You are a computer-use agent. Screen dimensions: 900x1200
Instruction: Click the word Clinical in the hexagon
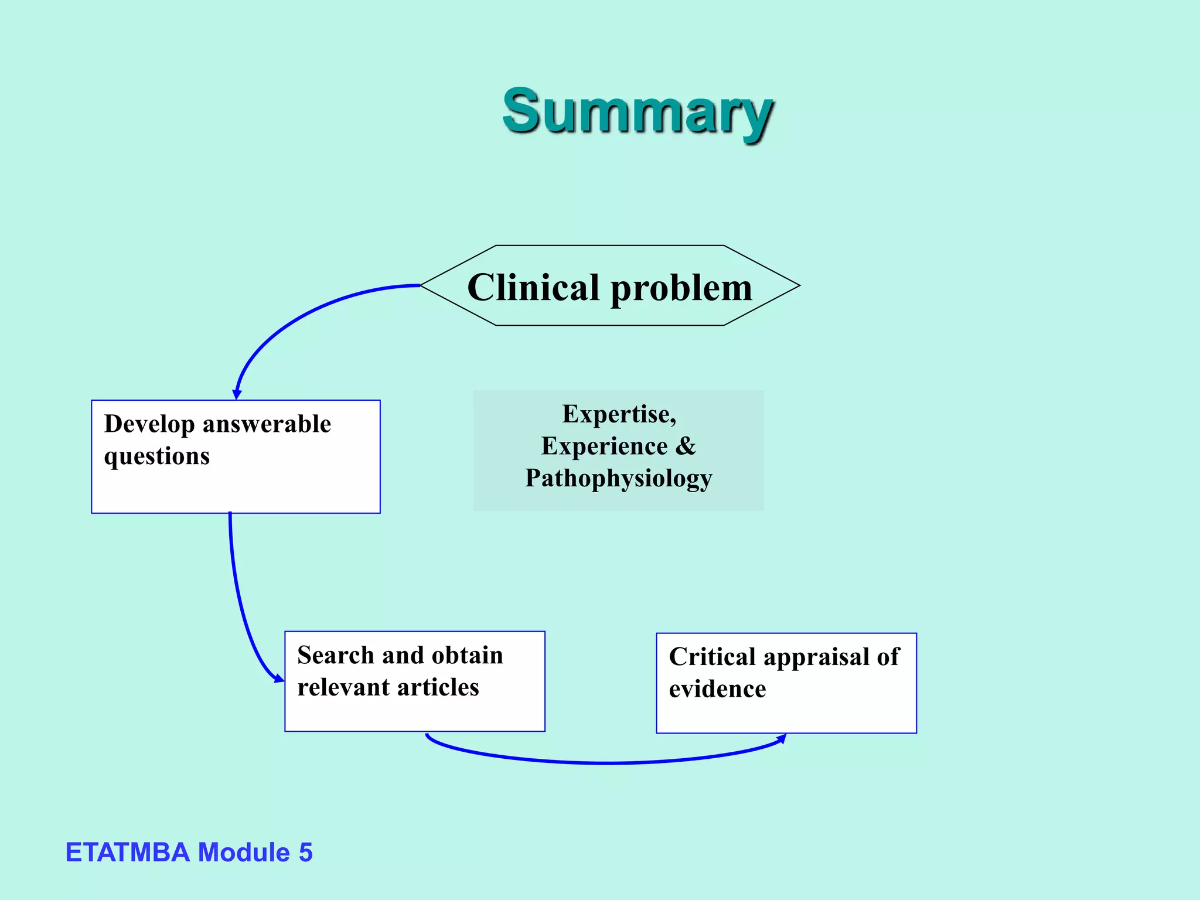pyautogui.click(x=533, y=288)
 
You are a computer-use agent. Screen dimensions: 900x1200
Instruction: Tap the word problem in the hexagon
pyautogui.click(x=681, y=289)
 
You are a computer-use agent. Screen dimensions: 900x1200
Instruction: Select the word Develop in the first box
pyautogui.click(x=149, y=424)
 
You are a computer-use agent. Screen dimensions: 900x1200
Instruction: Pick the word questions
pyautogui.click(x=156, y=456)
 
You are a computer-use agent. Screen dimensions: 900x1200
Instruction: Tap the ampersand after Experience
pyautogui.click(x=686, y=446)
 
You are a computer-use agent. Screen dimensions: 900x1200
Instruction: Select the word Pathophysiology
pyautogui.click(x=618, y=479)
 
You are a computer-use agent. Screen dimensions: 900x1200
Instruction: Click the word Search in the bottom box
pyautogui.click(x=335, y=655)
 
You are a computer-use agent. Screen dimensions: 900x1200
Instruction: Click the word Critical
pyautogui.click(x=712, y=657)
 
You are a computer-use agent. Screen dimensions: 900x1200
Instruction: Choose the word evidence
pyautogui.click(x=717, y=690)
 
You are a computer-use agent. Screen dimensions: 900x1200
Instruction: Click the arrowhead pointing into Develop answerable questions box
pyautogui.click(x=237, y=394)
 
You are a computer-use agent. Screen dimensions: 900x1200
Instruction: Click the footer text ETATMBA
pyautogui.click(x=127, y=853)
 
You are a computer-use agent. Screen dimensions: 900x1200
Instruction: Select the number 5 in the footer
pyautogui.click(x=305, y=853)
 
